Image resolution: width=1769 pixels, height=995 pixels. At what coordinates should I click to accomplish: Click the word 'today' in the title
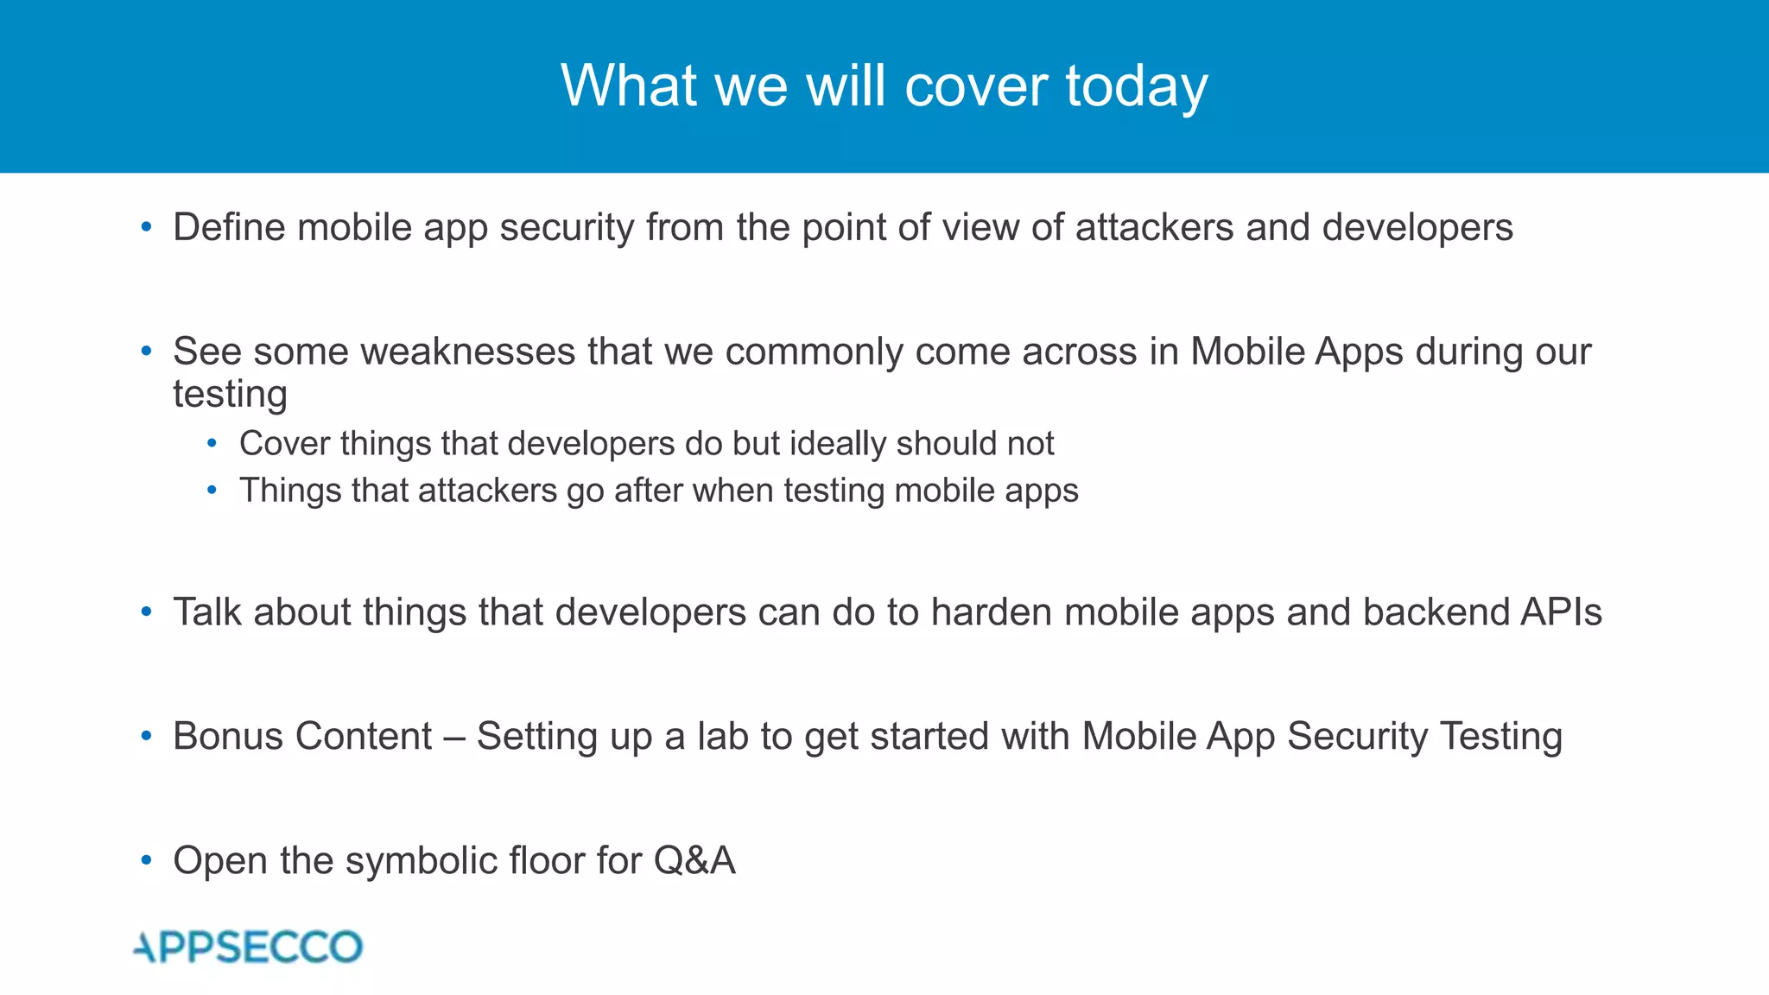(1136, 86)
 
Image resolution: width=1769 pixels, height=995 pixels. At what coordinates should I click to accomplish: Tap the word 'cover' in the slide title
(976, 86)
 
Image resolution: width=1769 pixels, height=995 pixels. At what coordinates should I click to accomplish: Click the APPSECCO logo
(249, 947)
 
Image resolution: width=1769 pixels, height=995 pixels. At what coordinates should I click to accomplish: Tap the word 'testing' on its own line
(230, 395)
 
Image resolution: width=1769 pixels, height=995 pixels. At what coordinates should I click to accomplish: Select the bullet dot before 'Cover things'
(212, 444)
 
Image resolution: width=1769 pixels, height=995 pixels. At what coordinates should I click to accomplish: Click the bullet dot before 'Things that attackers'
(212, 491)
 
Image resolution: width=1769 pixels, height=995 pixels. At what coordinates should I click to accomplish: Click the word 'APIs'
(1560, 612)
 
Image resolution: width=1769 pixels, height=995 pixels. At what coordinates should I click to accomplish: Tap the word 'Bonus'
(227, 737)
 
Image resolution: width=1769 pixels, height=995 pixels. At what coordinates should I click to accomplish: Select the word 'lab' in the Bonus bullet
(722, 737)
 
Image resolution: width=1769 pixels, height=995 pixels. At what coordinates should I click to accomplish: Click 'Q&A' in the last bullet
(694, 861)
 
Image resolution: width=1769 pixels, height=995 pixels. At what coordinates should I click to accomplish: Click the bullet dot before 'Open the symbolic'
(146, 861)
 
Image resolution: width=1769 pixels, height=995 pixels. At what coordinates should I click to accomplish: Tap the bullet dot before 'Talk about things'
(146, 612)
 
